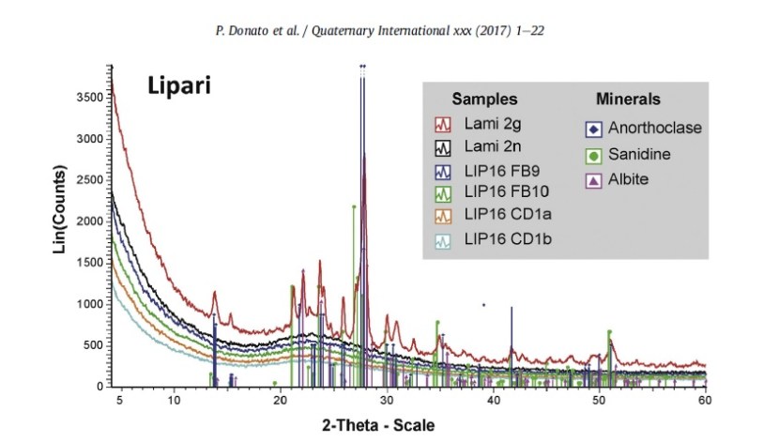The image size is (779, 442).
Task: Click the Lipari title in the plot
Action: click(x=178, y=85)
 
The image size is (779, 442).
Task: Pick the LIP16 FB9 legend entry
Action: click(x=498, y=171)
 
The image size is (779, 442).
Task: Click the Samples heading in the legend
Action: click(x=484, y=99)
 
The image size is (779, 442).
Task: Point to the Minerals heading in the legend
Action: click(x=628, y=99)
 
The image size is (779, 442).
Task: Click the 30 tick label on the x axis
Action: click(x=386, y=401)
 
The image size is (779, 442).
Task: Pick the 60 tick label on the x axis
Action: click(x=705, y=401)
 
